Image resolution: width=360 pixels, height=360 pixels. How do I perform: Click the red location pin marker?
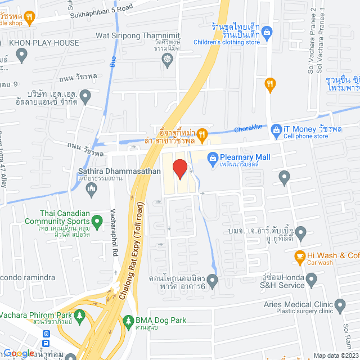click(x=179, y=169)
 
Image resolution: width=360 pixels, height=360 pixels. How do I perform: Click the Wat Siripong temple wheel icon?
click(x=167, y=59)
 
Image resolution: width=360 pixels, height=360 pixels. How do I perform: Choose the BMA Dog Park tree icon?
click(x=129, y=321)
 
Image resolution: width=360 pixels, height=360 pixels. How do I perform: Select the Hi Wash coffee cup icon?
click(x=300, y=255)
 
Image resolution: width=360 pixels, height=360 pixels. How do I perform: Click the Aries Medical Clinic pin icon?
click(x=339, y=305)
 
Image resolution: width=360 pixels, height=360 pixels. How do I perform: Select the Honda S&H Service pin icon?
click(x=310, y=278)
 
